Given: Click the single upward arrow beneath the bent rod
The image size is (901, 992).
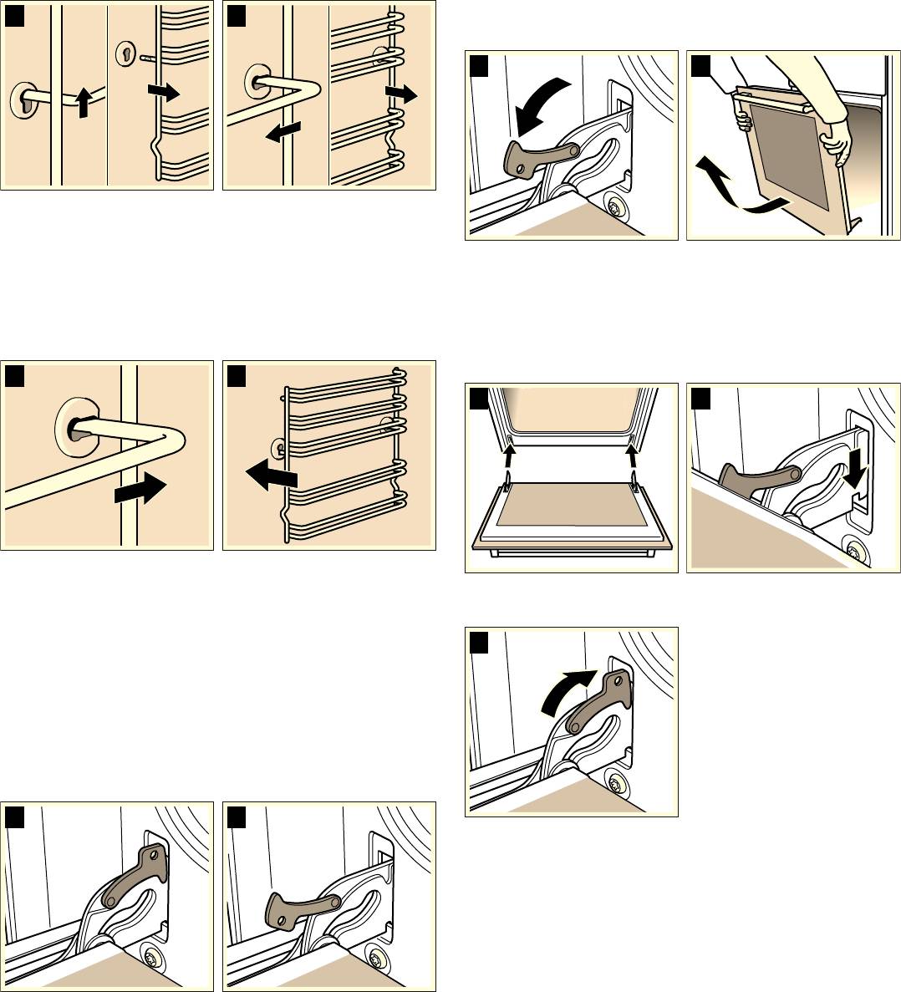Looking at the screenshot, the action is pos(82,103).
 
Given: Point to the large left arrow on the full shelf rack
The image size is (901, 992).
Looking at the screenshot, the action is pos(271,476).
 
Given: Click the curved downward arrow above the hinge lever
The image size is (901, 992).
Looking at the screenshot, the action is pos(540,103).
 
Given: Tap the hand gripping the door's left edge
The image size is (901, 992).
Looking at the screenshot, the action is pos(741,120).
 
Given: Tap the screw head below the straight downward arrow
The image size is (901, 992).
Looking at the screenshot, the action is pos(853,552).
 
